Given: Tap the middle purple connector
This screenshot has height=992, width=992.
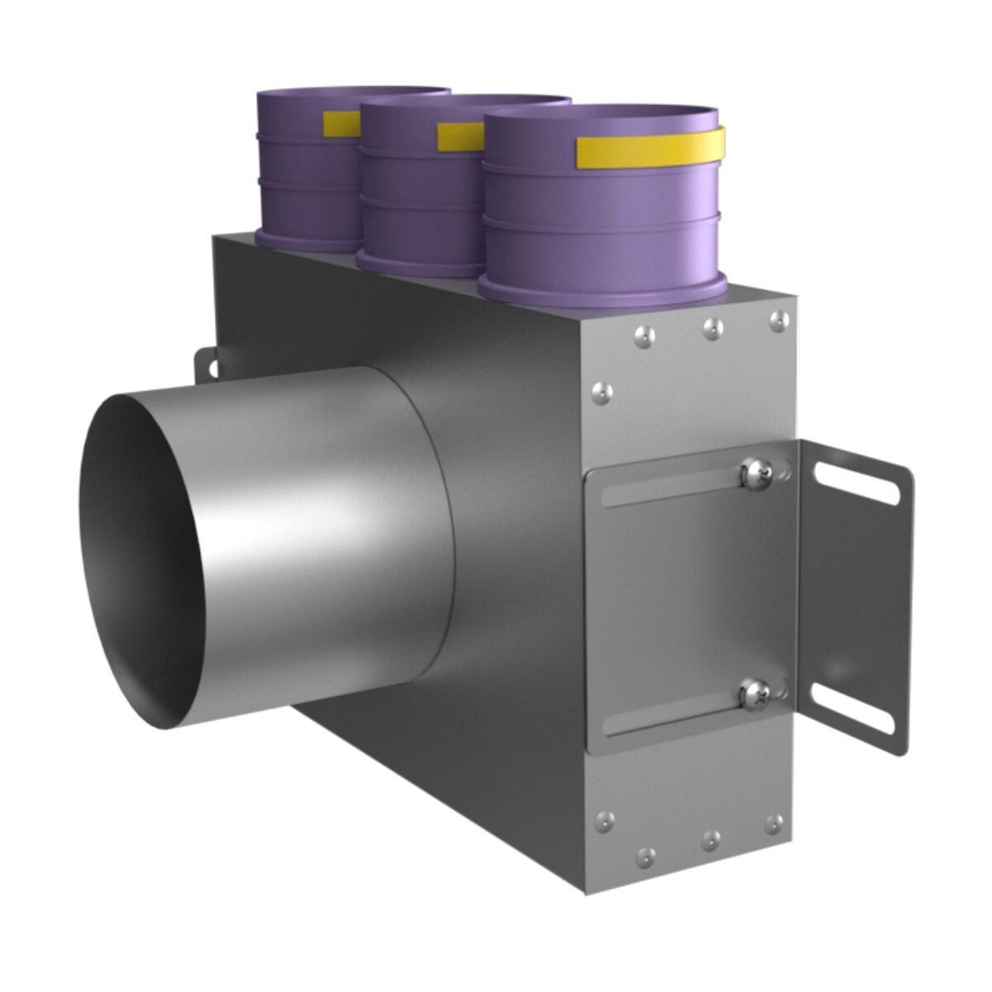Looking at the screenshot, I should [422, 207].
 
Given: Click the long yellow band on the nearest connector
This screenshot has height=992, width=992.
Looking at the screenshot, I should [650, 147].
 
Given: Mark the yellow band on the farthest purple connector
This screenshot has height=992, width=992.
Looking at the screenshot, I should [341, 122].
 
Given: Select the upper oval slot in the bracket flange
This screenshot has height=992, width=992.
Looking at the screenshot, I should [857, 482].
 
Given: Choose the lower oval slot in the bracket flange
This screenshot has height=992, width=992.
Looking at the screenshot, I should [853, 708].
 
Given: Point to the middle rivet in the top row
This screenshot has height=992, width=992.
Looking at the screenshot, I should [711, 328].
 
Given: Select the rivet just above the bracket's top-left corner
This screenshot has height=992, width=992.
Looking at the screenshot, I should [601, 389].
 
